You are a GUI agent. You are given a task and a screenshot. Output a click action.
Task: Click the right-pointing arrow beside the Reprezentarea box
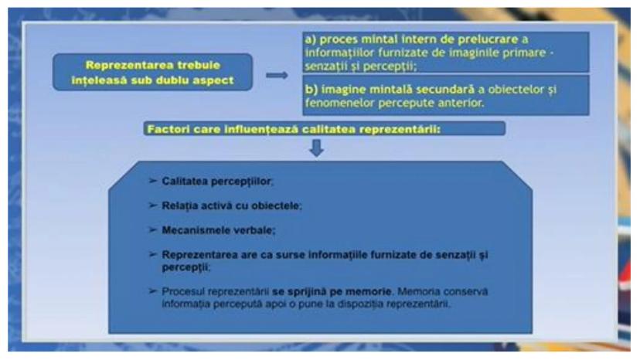pyautogui.click(x=277, y=75)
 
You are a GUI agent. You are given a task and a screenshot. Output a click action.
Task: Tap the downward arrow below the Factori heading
pyautogui.click(x=317, y=148)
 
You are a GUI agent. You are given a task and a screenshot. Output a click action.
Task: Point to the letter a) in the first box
pyautogui.click(x=311, y=39)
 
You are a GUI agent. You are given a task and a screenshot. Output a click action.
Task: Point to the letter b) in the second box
pyautogui.click(x=311, y=90)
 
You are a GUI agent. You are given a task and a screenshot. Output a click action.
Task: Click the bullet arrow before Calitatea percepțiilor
pyautogui.click(x=152, y=181)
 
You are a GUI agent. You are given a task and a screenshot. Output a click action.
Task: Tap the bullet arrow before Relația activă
pyautogui.click(x=152, y=205)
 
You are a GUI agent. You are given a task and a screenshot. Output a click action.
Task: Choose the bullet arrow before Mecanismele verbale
pyautogui.click(x=152, y=229)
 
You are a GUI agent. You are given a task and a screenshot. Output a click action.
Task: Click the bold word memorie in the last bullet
pyautogui.click(x=368, y=292)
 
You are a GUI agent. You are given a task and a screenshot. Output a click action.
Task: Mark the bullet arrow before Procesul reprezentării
pyautogui.click(x=152, y=290)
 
